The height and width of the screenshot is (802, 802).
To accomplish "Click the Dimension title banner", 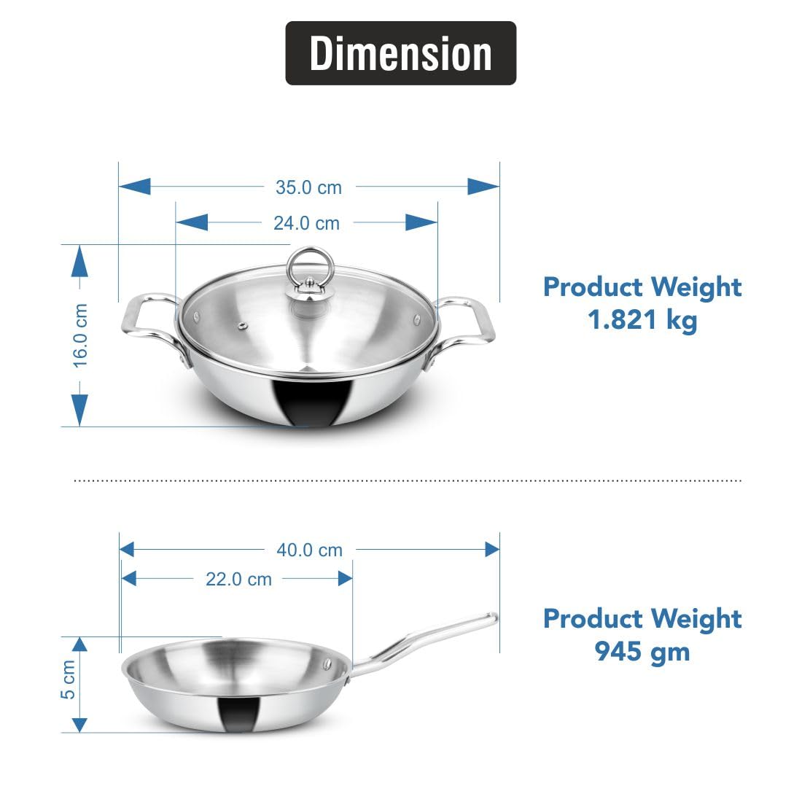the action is click(x=400, y=53).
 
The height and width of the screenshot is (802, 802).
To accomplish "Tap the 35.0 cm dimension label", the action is click(x=308, y=187).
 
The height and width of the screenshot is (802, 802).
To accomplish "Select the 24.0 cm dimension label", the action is click(x=306, y=223).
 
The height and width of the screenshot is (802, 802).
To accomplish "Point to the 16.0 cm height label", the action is click(x=80, y=335).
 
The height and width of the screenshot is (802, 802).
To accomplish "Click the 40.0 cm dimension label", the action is click(x=309, y=550).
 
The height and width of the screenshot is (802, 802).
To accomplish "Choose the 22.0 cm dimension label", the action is click(x=238, y=579).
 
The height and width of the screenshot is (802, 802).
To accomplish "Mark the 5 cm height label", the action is click(x=68, y=680).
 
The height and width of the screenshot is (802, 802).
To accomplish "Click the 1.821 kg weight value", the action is click(x=642, y=320).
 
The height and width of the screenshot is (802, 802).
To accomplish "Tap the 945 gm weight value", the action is click(x=642, y=652).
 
